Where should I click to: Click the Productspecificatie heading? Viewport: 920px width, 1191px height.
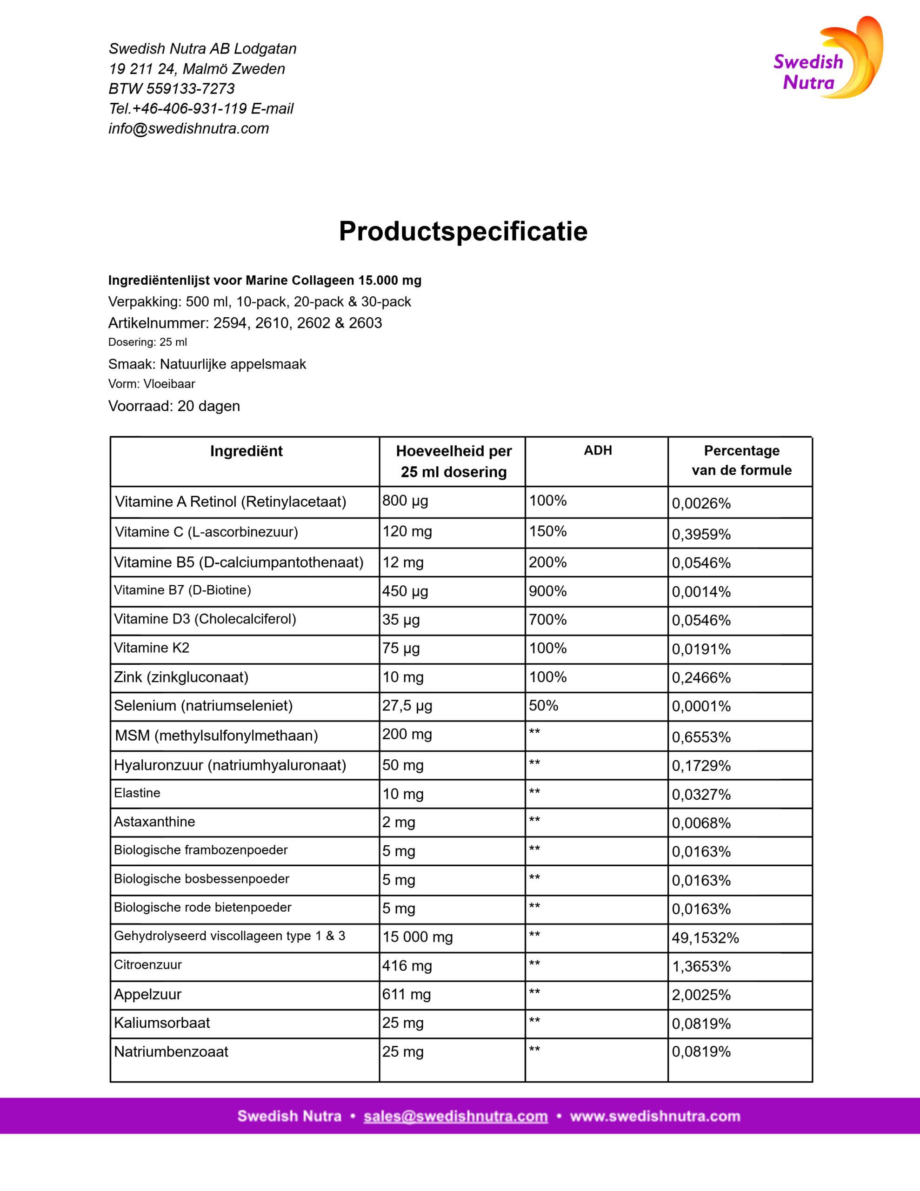click(463, 231)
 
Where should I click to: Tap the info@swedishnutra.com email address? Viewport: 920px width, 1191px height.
click(189, 129)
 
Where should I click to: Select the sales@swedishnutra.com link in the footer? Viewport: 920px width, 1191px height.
click(455, 1116)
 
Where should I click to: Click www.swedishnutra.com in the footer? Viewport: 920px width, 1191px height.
click(655, 1116)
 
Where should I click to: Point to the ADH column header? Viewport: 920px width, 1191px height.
click(598, 450)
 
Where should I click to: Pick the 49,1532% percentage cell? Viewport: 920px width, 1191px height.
click(705, 938)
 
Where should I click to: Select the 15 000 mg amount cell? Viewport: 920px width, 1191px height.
click(417, 937)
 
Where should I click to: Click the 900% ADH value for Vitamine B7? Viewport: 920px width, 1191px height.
click(547, 591)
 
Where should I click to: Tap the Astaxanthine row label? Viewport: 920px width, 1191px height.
click(154, 821)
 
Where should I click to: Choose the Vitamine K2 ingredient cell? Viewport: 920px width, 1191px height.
click(152, 648)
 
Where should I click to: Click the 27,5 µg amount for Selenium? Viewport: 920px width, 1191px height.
click(407, 706)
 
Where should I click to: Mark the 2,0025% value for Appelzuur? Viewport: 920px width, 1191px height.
click(701, 995)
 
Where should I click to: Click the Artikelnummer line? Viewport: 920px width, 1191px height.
click(245, 323)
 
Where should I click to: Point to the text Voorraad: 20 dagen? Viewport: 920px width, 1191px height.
click(174, 406)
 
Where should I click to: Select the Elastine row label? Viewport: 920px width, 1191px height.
click(137, 793)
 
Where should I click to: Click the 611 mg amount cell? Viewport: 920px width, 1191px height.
click(407, 994)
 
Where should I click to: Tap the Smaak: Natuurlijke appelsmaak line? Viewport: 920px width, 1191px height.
click(207, 364)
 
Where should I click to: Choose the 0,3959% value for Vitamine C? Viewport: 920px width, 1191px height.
click(701, 535)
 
